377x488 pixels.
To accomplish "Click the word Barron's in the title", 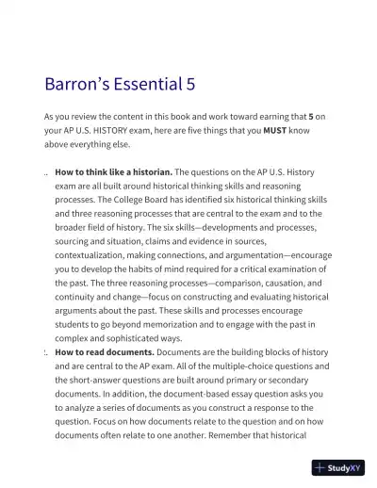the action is pyautogui.click(x=75, y=84).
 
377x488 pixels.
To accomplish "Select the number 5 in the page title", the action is pyautogui.click(x=190, y=84).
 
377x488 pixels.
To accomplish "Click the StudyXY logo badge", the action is pyautogui.click(x=338, y=466).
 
